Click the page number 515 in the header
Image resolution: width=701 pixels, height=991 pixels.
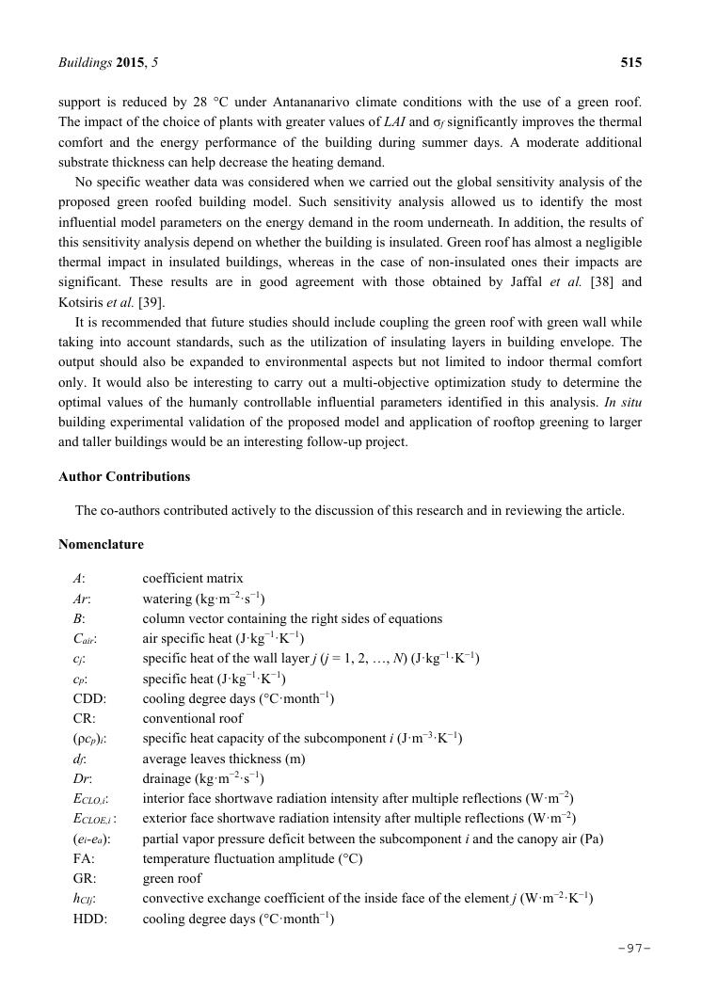tap(630, 63)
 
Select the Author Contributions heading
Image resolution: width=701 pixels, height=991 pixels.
tap(124, 477)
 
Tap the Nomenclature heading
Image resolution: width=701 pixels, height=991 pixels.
tap(102, 545)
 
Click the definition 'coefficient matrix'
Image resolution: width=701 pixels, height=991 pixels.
tap(192, 579)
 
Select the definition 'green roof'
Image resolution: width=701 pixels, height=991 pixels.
tap(171, 878)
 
